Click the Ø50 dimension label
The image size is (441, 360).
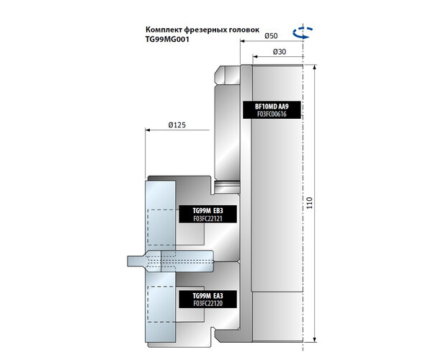(x=272, y=35)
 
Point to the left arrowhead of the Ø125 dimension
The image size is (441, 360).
(x=148, y=130)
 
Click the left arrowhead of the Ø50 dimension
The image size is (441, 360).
(x=242, y=41)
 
